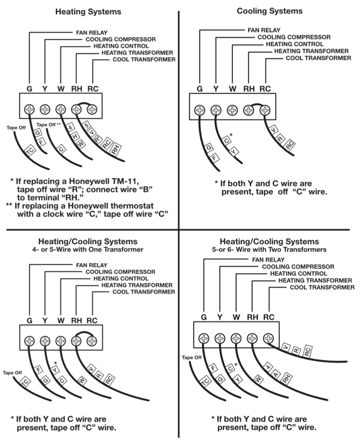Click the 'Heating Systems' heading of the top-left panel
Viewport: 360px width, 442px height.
coord(88,12)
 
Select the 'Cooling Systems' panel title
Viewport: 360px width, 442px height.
coord(269,11)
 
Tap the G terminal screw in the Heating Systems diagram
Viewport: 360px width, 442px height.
coord(29,109)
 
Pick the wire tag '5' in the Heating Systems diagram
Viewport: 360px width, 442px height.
coord(86,125)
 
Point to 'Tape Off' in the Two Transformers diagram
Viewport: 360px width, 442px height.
coord(192,358)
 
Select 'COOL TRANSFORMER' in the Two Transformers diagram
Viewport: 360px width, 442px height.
coord(322,287)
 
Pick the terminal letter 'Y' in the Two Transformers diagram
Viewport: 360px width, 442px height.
coord(219,317)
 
